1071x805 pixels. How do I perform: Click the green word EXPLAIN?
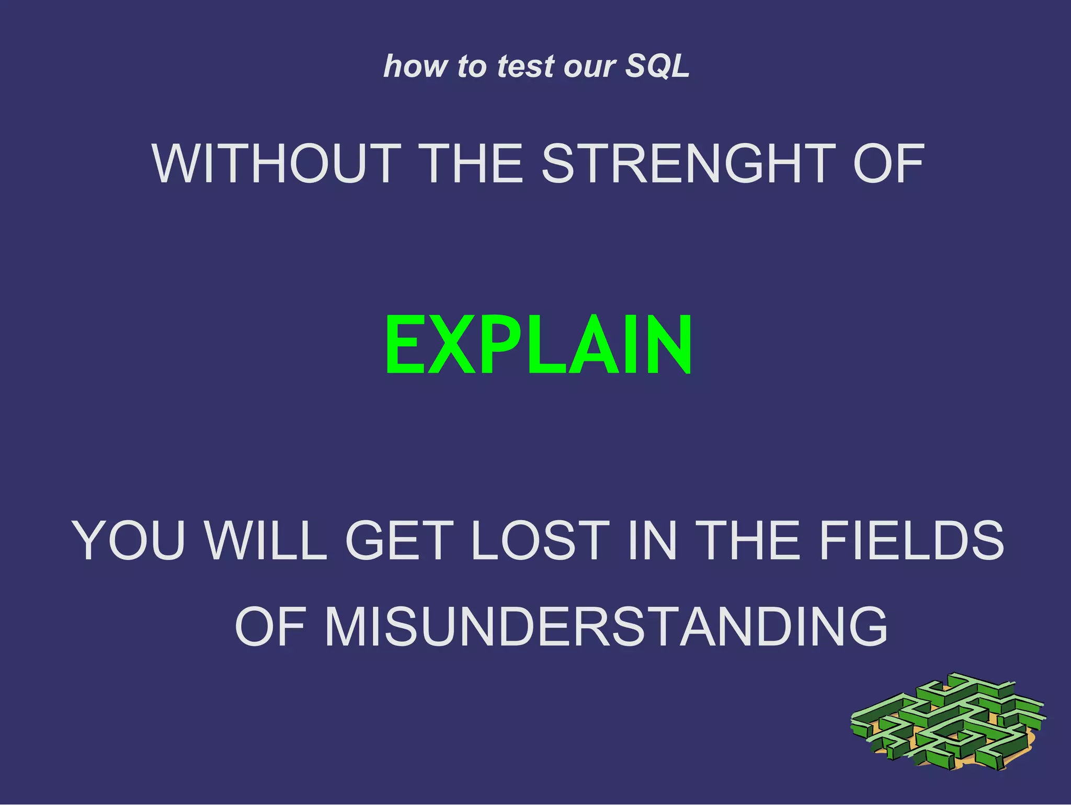(x=539, y=345)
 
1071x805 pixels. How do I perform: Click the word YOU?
(x=129, y=540)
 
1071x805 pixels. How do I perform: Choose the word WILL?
(x=266, y=540)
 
